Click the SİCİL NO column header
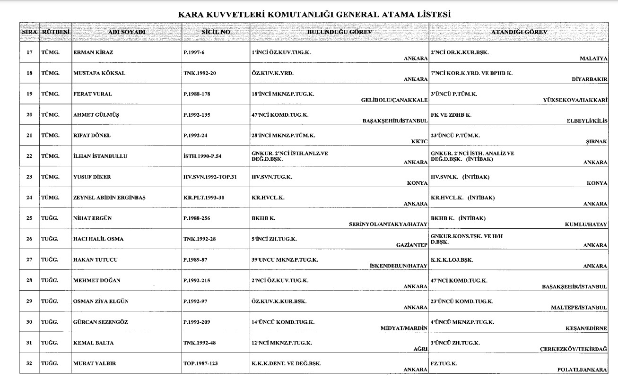(x=216, y=32)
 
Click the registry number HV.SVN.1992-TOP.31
(x=210, y=177)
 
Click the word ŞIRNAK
(x=596, y=141)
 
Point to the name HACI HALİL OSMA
(x=98, y=239)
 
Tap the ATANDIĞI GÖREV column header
(x=519, y=32)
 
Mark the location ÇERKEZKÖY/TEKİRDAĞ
(x=574, y=349)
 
